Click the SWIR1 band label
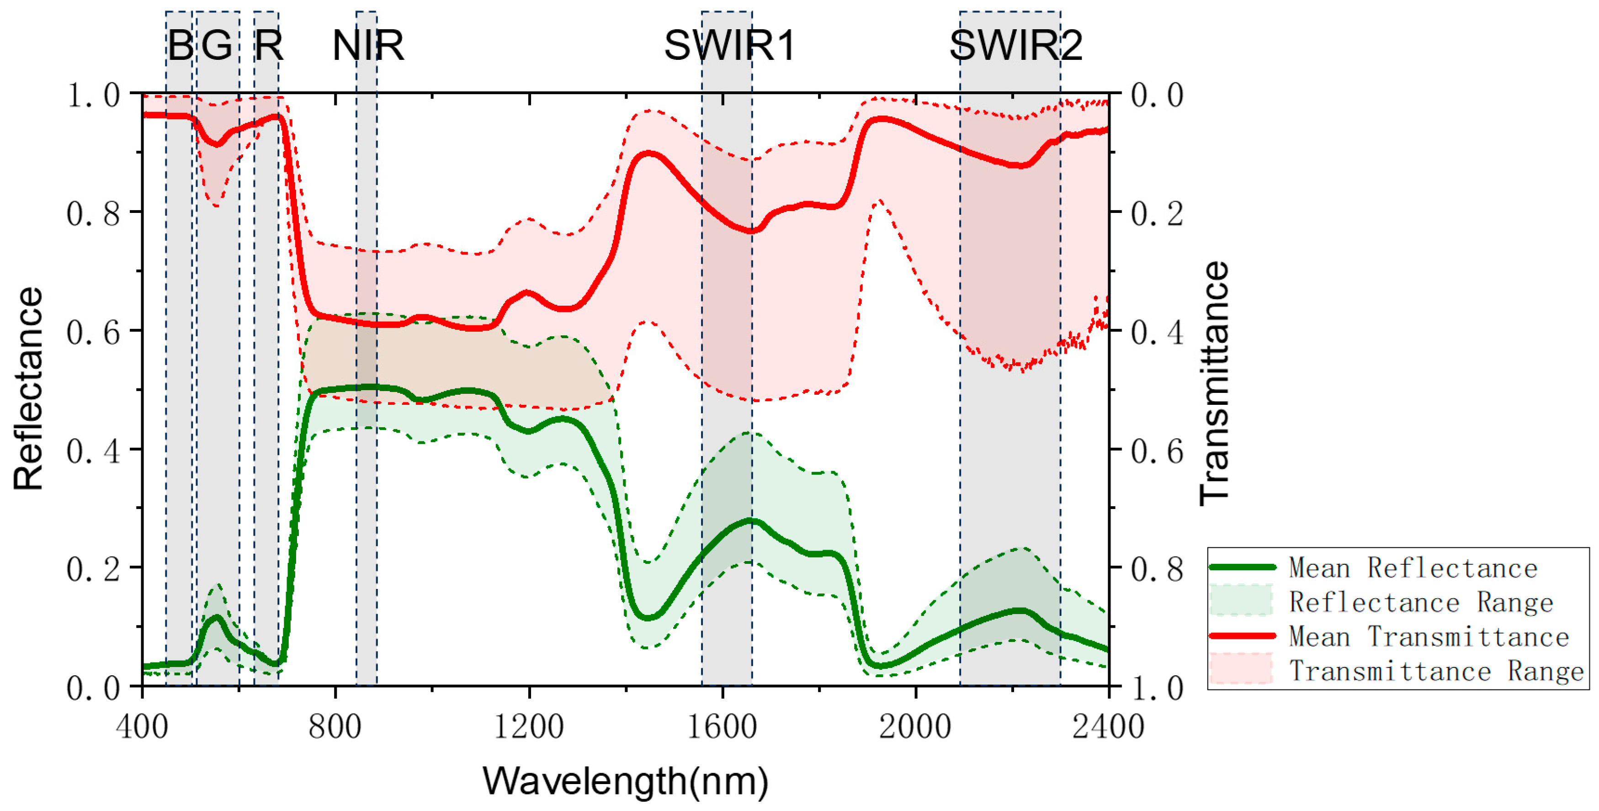729,45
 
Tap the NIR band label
368,45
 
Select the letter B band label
181,45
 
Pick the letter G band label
217,45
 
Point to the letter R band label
269,45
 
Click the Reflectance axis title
28,389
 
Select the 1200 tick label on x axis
529,726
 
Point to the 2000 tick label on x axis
915,726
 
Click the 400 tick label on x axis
142,726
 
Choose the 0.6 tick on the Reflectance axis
93,333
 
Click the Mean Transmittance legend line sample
1242,636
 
